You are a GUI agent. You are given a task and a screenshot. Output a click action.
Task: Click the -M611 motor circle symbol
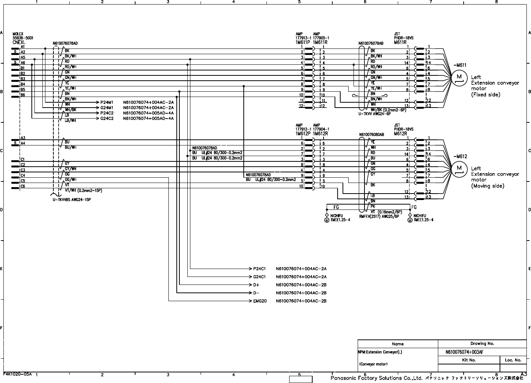[x=459, y=77]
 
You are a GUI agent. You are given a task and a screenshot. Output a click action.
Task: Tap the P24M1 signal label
[x=107, y=102]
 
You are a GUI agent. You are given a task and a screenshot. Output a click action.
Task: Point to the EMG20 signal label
[x=260, y=301]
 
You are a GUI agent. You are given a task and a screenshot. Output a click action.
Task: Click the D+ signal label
[x=256, y=285]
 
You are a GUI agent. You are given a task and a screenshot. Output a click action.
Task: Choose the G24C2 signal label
[x=107, y=119]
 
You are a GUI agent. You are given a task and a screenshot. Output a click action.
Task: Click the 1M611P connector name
[x=303, y=42]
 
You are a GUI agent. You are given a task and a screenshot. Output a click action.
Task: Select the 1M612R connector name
[x=321, y=134]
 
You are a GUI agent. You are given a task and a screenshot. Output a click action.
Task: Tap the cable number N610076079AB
[x=371, y=44]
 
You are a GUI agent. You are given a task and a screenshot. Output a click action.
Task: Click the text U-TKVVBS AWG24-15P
[x=72, y=200]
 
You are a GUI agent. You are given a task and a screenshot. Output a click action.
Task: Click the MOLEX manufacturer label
[x=18, y=34]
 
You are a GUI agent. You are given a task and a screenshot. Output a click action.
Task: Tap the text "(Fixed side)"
[x=486, y=95]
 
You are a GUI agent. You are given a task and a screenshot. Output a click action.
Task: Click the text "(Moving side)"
[x=487, y=186]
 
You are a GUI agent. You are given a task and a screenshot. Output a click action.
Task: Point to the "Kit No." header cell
[x=469, y=360]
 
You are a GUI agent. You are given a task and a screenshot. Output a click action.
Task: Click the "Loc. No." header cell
[x=513, y=360]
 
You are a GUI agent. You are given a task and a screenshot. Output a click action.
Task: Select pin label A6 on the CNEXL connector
[x=23, y=63]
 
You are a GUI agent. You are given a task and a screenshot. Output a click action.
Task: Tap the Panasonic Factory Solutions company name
[x=376, y=378]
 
